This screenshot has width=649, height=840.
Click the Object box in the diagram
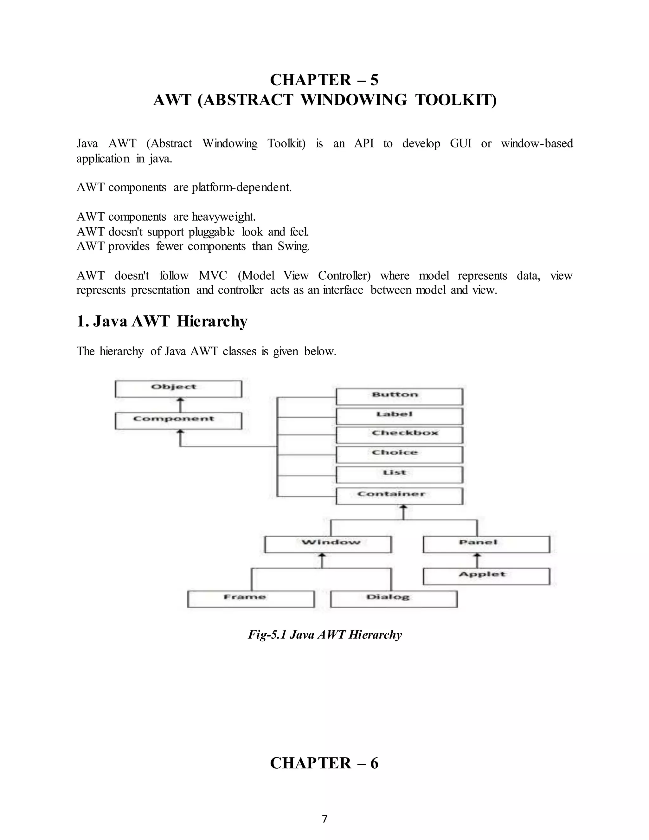(178, 389)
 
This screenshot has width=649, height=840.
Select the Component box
(178, 421)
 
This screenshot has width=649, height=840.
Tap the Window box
(328, 544)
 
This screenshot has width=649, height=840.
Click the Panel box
(486, 544)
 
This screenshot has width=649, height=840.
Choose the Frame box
(251, 599)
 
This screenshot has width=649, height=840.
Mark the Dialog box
(394, 599)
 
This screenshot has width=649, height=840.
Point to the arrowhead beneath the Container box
(403, 508)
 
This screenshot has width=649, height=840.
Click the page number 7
(324, 819)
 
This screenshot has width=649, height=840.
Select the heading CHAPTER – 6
(324, 763)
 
